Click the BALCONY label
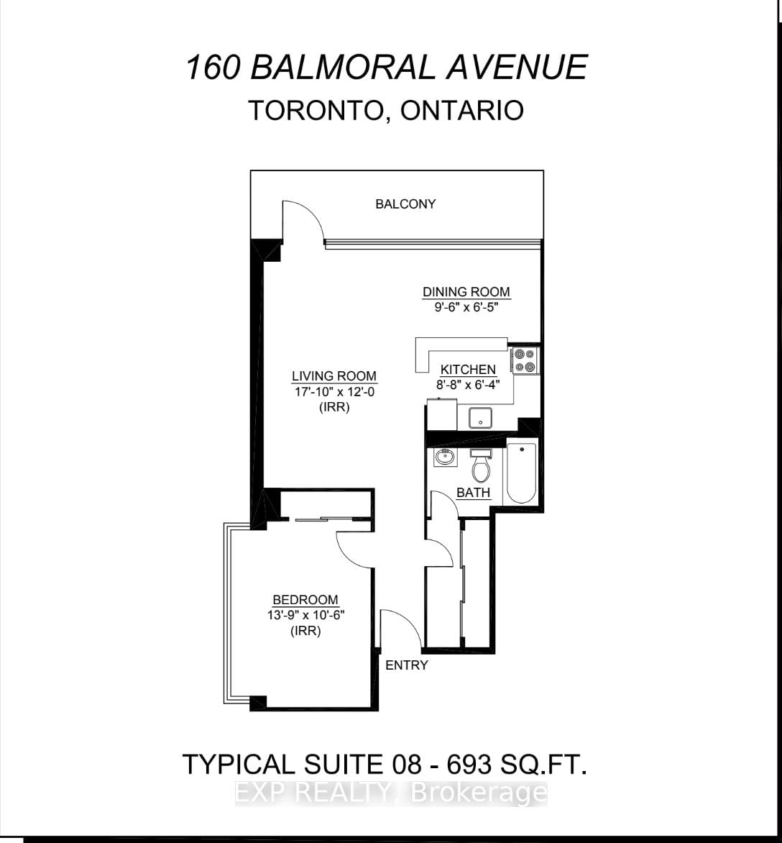click(x=405, y=204)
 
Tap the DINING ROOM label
click(x=466, y=292)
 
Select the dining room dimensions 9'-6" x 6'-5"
click(x=466, y=305)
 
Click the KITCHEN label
click(x=468, y=370)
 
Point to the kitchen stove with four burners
click(x=525, y=360)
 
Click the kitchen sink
click(x=480, y=417)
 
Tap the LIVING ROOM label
click(x=333, y=376)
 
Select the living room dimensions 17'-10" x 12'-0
click(x=333, y=392)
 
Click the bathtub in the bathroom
click(x=521, y=473)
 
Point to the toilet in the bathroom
click(x=480, y=467)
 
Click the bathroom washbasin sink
click(x=445, y=457)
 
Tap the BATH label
click(x=474, y=493)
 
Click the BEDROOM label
click(x=305, y=600)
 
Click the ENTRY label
click(x=407, y=665)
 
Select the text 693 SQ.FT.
click(x=516, y=763)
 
